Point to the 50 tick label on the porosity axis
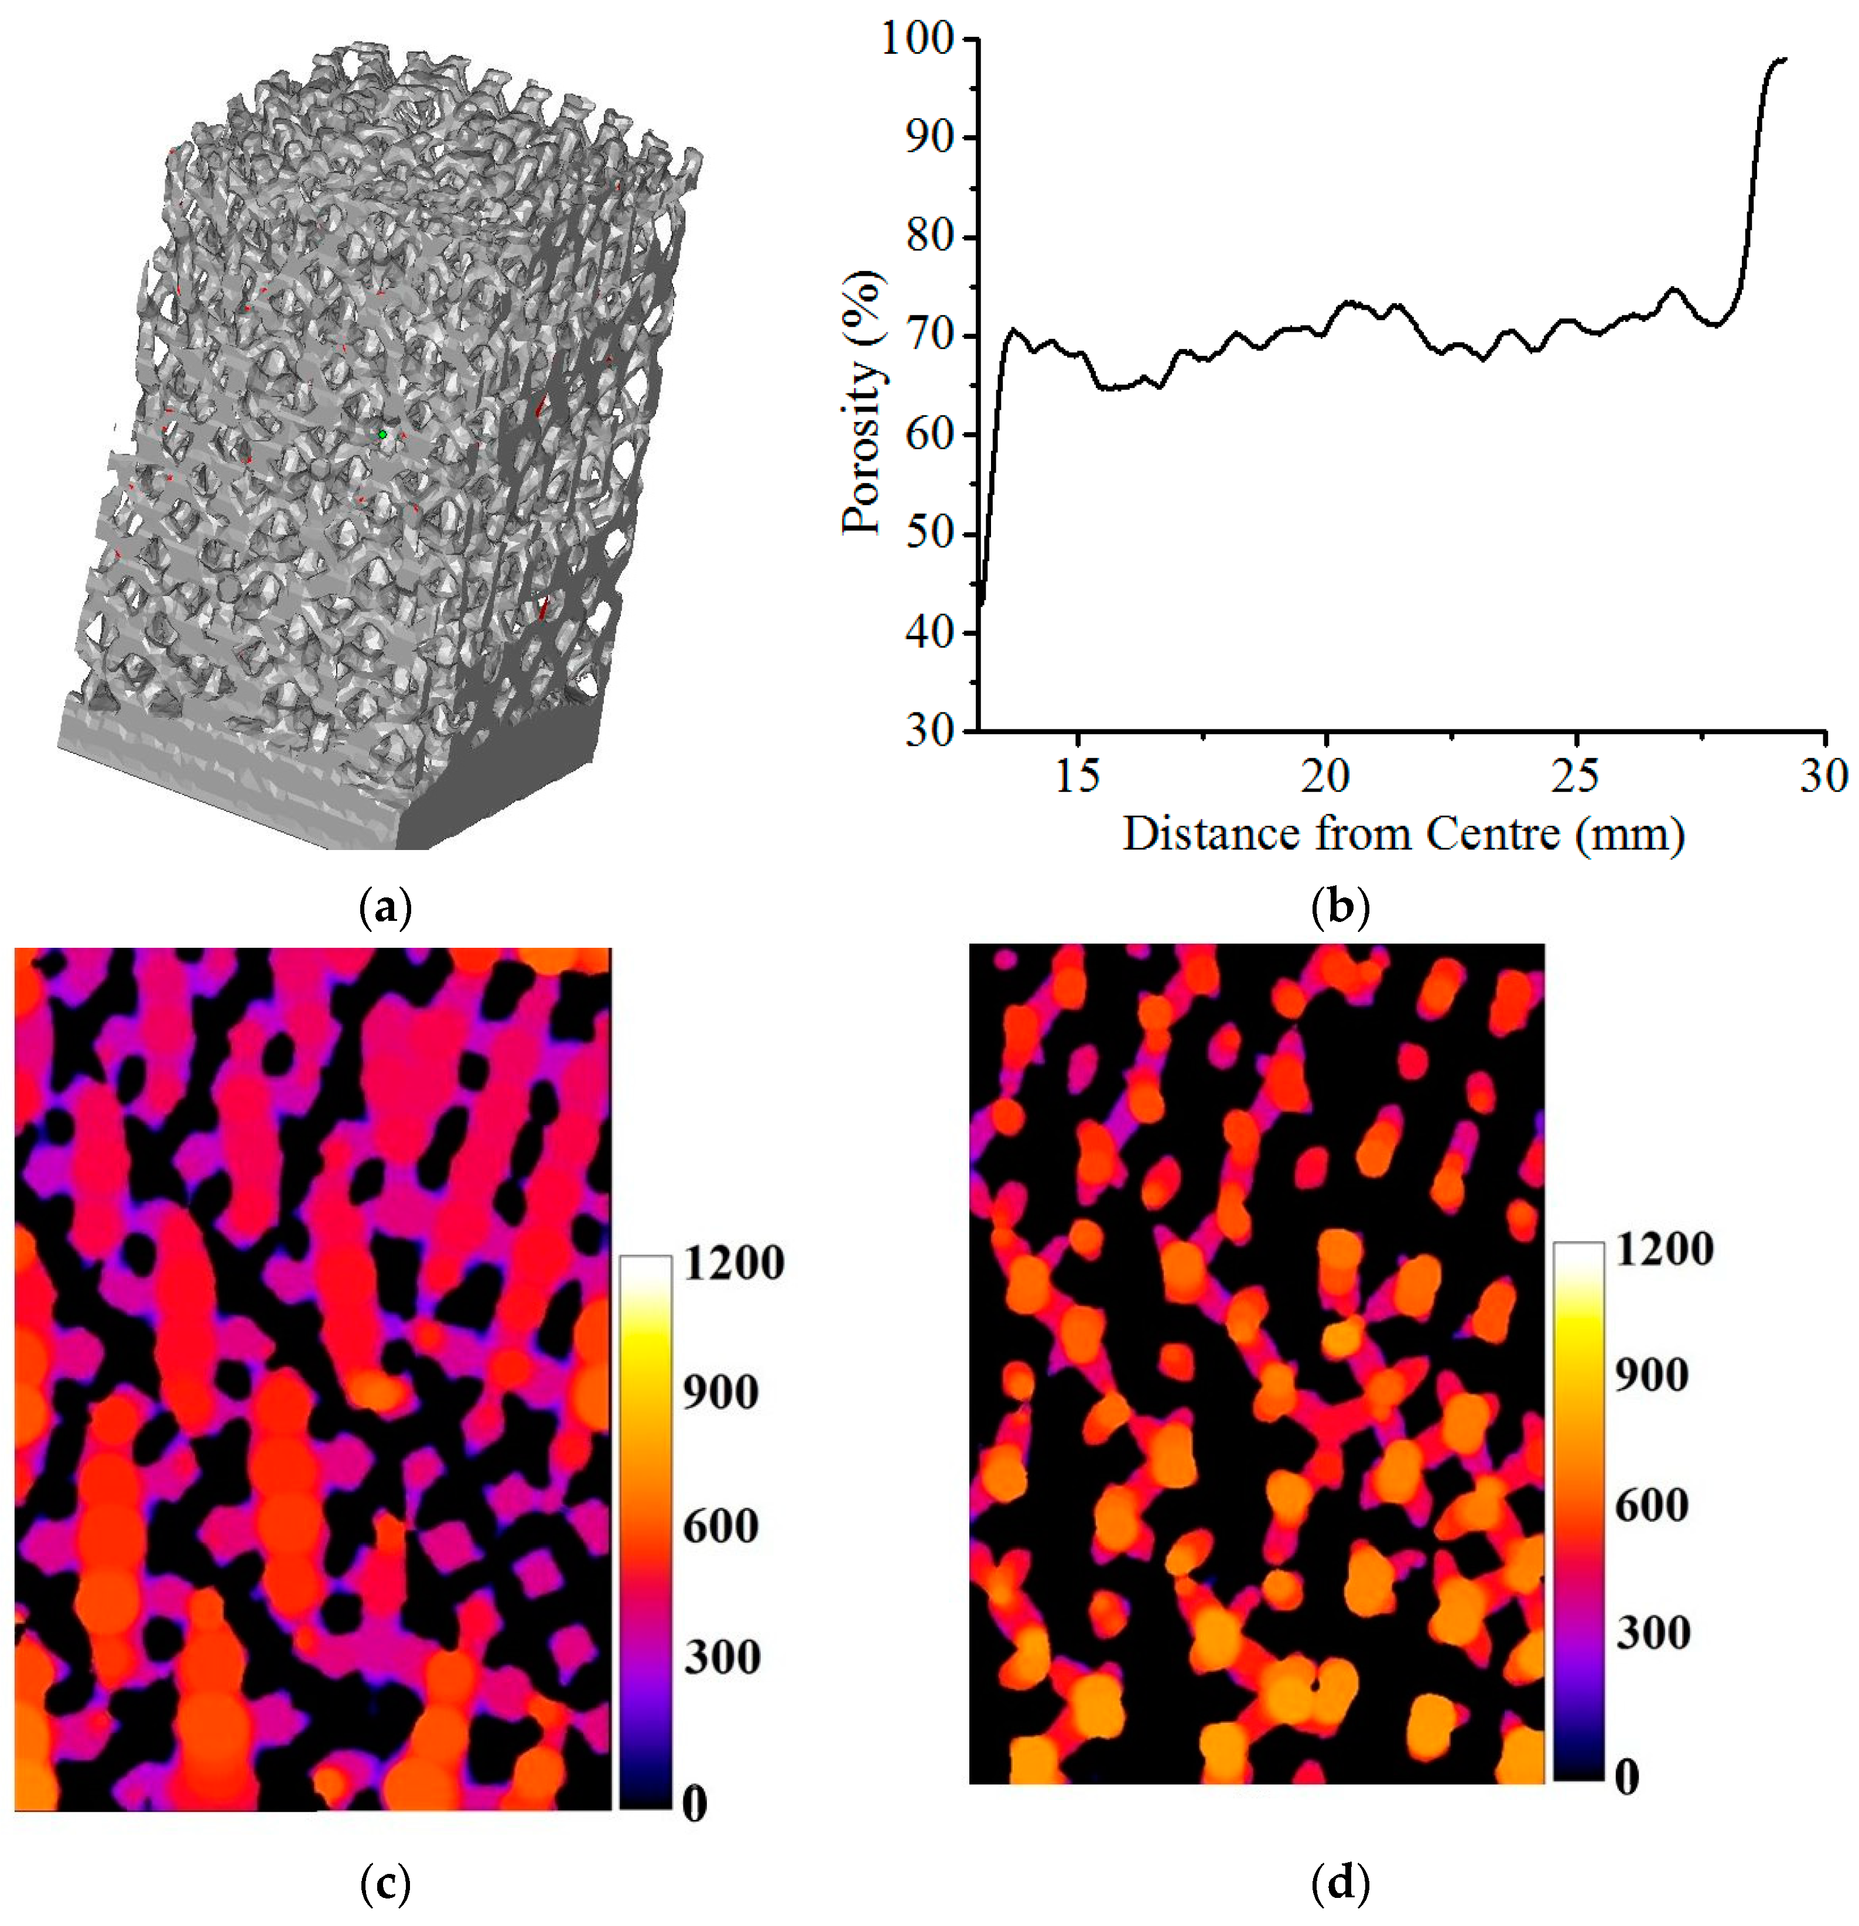pos(929,533)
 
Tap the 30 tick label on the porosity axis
pos(929,731)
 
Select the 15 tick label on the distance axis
pos(1078,776)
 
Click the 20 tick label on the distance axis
pos(1325,776)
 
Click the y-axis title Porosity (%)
pos(862,403)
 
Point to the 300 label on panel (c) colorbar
pos(723,1657)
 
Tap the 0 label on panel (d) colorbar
pos(1627,1777)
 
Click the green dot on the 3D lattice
pos(382,433)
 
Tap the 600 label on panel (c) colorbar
pos(723,1526)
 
